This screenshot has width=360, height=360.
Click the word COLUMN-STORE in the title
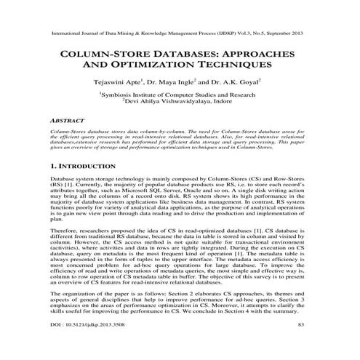(115, 55)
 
